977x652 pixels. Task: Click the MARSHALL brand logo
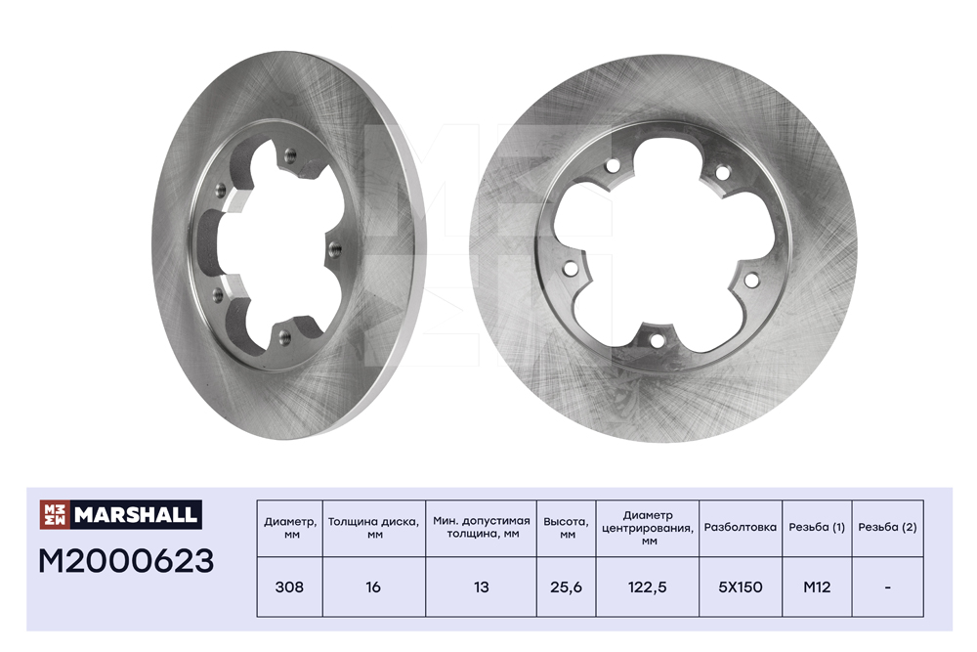pyautogui.click(x=121, y=514)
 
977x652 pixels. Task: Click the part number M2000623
pyautogui.click(x=126, y=561)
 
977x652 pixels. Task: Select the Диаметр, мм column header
pyautogui.click(x=290, y=528)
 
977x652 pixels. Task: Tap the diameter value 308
pyautogui.click(x=289, y=587)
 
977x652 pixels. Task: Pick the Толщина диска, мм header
pyautogui.click(x=373, y=528)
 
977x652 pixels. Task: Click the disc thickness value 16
pyautogui.click(x=373, y=587)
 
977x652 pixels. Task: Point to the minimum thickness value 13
pyautogui.click(x=481, y=587)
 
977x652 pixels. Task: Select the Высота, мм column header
pyautogui.click(x=566, y=528)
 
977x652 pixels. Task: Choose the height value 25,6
pyautogui.click(x=566, y=587)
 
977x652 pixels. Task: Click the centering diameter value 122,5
pyautogui.click(x=648, y=587)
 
